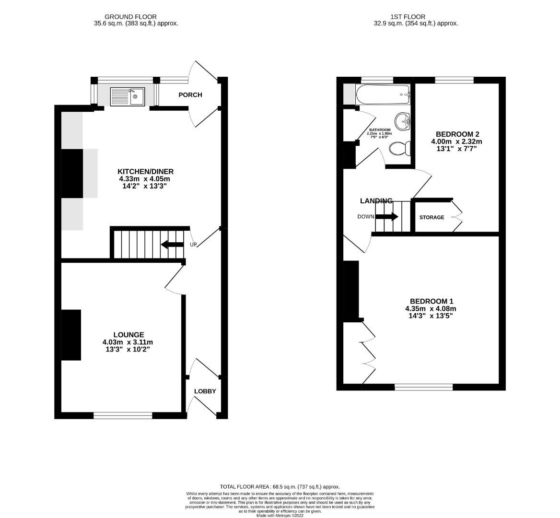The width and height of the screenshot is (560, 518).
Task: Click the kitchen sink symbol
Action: pos(127,97)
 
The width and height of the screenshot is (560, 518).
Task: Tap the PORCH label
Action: pos(190,95)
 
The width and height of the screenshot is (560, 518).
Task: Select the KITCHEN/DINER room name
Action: pos(145,172)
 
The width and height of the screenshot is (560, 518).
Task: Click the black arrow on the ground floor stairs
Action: pos(172,245)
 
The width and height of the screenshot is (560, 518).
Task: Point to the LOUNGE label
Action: pos(128,335)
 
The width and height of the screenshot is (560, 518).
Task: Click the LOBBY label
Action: pos(205,391)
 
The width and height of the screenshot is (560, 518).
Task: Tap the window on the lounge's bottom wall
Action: pos(123,415)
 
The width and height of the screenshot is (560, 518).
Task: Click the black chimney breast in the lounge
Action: pos(71,335)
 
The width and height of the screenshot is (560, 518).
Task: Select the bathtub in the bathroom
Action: pos(383,94)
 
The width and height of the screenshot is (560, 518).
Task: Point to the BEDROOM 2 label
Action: pos(457,134)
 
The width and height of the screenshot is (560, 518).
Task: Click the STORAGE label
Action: pos(432,217)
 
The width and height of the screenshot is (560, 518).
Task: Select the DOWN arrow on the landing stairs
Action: pos(386,217)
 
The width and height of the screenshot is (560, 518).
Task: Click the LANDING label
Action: pos(376,201)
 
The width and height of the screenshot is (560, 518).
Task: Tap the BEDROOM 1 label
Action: pos(430,301)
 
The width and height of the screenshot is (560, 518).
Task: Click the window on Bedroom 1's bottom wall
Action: pos(423,387)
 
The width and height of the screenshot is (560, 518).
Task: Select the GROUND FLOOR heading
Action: pos(124,17)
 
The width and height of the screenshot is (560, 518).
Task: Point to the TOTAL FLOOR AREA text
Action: pos(280,486)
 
